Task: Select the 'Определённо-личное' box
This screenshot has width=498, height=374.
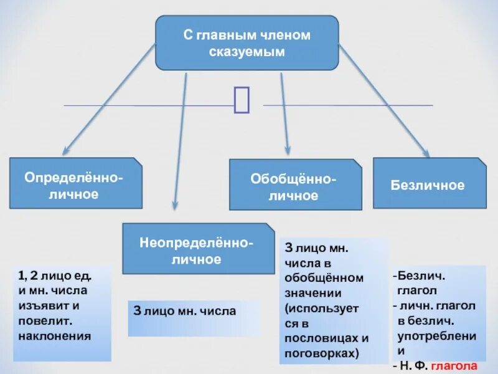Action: [x=75, y=183]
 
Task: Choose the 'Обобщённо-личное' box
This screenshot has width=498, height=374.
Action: [x=295, y=185]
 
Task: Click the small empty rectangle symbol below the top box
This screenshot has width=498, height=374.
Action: [x=242, y=100]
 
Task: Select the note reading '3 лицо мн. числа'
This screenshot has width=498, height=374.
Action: [x=185, y=310]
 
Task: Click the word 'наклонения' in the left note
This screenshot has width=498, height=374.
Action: [x=55, y=335]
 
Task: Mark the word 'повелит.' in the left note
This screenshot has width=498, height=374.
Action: [x=44, y=320]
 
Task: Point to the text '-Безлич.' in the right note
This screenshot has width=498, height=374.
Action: [x=415, y=275]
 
